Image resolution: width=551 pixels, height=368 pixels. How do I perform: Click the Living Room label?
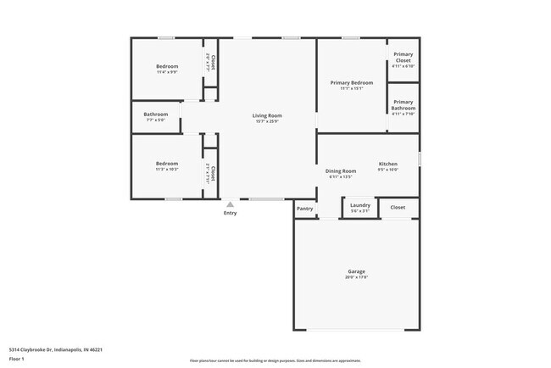[267, 115]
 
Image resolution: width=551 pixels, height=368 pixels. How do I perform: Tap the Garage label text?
[356, 271]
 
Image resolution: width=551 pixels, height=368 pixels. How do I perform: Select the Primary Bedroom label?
[351, 82]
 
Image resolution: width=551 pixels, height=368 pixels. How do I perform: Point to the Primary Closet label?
[403, 58]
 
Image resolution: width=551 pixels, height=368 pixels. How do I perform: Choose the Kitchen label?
[387, 164]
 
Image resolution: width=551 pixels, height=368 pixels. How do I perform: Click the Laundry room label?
[359, 205]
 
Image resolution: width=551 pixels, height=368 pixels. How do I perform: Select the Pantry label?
[305, 209]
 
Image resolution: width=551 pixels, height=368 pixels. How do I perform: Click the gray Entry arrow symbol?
[230, 204]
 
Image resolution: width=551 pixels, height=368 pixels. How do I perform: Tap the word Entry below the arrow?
[231, 213]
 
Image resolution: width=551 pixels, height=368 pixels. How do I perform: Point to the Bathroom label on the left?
[155, 114]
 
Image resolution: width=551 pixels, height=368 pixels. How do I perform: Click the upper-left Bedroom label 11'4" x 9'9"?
[167, 67]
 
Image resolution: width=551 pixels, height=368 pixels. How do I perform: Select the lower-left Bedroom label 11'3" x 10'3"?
[166, 164]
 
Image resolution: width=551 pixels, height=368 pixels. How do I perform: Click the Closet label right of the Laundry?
[398, 207]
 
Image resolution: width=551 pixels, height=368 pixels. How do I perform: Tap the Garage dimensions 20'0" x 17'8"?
[356, 277]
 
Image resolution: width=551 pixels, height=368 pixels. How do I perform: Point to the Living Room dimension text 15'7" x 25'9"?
[267, 121]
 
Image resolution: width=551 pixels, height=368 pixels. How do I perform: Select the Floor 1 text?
[17, 358]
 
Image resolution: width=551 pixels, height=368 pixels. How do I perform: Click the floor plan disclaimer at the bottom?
[275, 360]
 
